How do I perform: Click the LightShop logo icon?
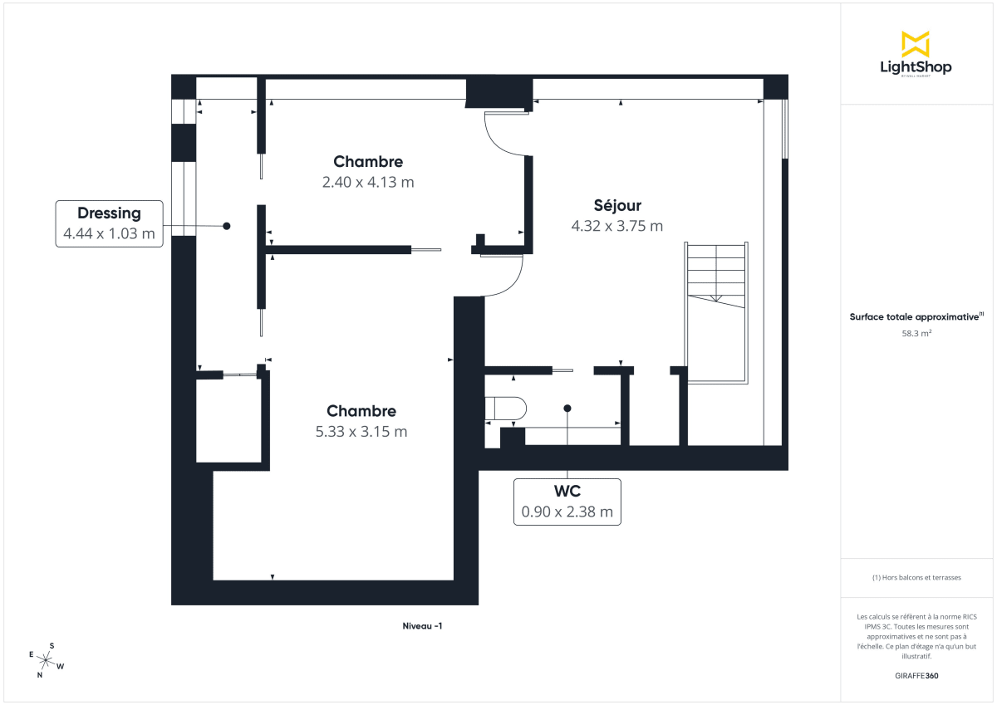point(916,44)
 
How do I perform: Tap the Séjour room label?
point(617,206)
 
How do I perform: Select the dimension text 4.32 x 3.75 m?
point(617,226)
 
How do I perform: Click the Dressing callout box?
point(109,224)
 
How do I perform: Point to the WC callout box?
point(567,502)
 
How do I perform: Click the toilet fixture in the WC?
point(505,409)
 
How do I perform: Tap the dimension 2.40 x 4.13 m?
point(368,182)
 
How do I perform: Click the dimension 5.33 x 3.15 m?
point(361,432)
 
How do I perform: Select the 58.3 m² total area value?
point(916,333)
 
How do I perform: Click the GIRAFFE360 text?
point(916,676)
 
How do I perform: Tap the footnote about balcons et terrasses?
point(916,577)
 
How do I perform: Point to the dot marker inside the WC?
point(567,409)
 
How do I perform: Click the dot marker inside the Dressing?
point(226,226)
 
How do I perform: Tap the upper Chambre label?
point(368,162)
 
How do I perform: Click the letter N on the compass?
point(39,675)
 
